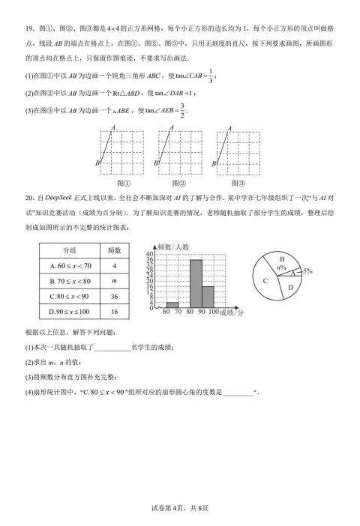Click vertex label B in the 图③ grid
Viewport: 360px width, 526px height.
click(214, 162)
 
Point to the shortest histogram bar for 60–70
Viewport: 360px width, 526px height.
click(172, 305)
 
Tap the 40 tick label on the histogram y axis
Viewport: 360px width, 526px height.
click(151, 255)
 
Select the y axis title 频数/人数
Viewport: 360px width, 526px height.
click(173, 247)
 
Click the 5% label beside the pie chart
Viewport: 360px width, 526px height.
click(307, 270)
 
